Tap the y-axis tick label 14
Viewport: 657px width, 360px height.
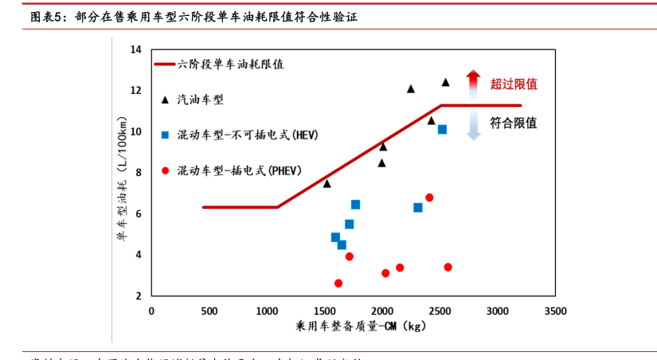[x=135, y=50]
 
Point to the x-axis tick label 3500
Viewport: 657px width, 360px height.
[x=555, y=311]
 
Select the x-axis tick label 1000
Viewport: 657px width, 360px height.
[x=267, y=311]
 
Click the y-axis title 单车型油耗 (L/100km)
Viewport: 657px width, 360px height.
[x=122, y=171]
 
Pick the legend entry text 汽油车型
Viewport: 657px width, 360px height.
[x=200, y=100]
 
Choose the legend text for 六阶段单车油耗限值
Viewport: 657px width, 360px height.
[x=231, y=65]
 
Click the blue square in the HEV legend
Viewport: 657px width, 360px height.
[x=165, y=135]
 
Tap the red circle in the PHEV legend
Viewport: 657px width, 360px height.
[x=165, y=170]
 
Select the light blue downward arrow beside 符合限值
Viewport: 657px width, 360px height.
[x=473, y=125]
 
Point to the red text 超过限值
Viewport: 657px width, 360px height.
[x=514, y=84]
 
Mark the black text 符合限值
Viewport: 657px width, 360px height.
[x=514, y=123]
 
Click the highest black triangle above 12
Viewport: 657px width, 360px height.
[x=445, y=82]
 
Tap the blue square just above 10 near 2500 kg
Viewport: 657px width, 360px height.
[x=442, y=129]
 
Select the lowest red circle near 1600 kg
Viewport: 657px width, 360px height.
[x=338, y=283]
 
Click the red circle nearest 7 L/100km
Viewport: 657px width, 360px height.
[x=429, y=198]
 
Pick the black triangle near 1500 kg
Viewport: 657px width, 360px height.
[x=327, y=183]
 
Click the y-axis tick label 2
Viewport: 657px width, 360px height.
[x=138, y=296]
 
